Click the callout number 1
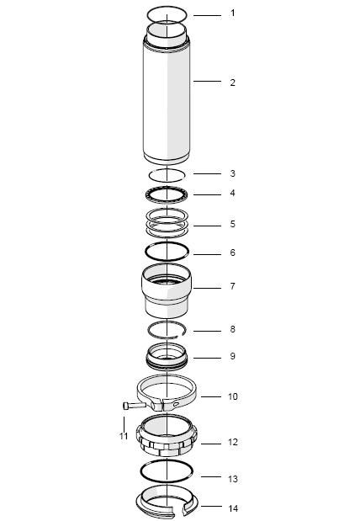coord(233,13)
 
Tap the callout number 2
coord(233,82)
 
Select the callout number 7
coord(233,286)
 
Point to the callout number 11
coord(124,435)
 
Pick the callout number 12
coord(234,442)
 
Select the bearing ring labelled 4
coord(167,194)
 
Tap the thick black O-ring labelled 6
coord(167,251)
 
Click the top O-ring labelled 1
coord(167,13)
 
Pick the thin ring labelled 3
coord(167,174)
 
